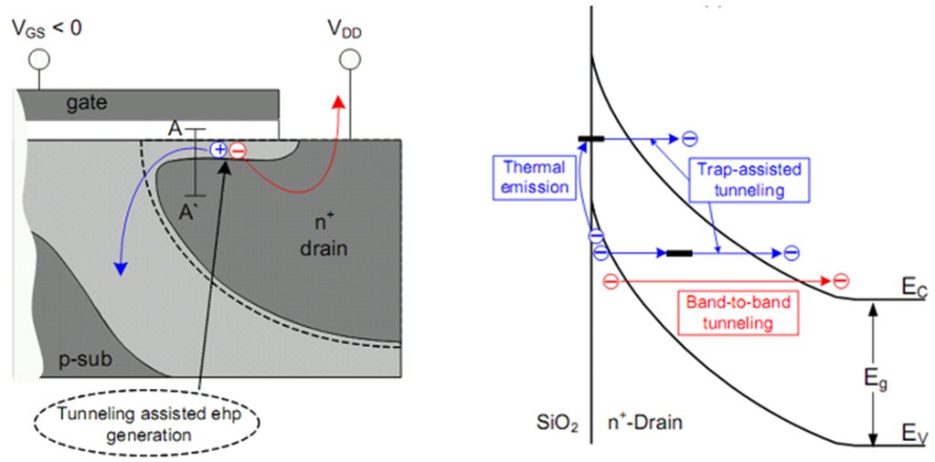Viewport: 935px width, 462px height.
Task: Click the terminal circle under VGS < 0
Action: click(x=39, y=60)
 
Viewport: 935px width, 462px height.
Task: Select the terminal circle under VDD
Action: click(x=349, y=60)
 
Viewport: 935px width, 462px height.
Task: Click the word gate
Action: click(x=86, y=103)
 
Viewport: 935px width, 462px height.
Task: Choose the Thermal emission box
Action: click(x=532, y=178)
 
